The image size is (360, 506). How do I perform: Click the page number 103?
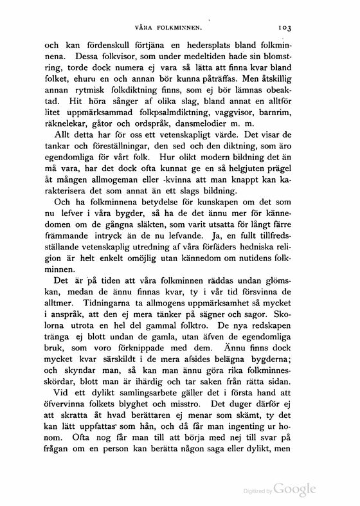coord(285,28)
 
